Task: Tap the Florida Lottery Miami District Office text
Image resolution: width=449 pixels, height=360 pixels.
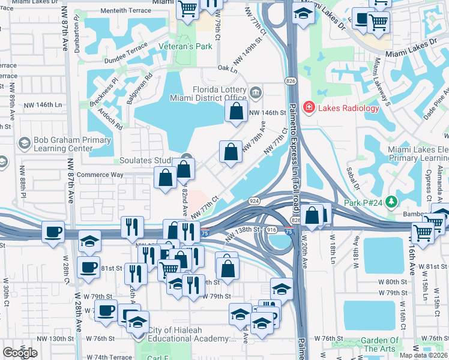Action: (211, 94)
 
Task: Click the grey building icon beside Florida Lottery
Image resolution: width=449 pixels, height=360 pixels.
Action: (256, 92)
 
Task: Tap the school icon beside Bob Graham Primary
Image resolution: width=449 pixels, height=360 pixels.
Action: (24, 143)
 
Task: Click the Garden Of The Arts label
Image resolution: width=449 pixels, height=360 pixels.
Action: (379, 344)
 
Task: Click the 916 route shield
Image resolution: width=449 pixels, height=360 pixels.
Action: (271, 230)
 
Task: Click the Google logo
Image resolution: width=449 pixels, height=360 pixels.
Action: (20, 353)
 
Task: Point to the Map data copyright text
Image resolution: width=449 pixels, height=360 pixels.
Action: (423, 355)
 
